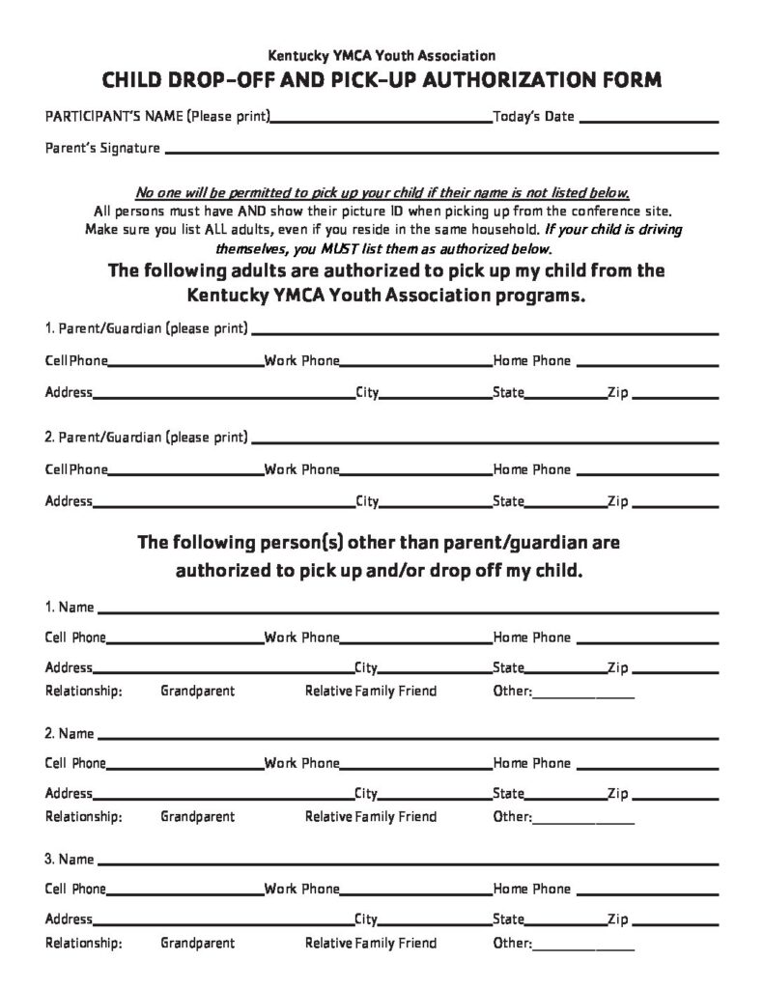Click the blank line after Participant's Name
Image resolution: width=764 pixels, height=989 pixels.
click(x=381, y=121)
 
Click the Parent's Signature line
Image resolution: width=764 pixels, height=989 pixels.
click(x=442, y=153)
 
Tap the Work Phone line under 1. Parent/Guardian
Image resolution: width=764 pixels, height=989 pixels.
click(x=415, y=366)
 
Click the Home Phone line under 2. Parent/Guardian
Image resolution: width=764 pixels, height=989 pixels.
click(x=647, y=474)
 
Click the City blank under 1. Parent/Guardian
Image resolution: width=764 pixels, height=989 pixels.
click(x=435, y=397)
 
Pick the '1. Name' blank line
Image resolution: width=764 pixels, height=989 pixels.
click(x=408, y=611)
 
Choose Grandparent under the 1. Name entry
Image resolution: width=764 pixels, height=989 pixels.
click(x=197, y=692)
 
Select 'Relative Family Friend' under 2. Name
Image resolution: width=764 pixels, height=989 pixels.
click(x=371, y=817)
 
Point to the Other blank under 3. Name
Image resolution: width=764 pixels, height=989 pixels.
click(x=583, y=947)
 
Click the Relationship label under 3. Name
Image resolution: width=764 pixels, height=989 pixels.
click(x=84, y=944)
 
